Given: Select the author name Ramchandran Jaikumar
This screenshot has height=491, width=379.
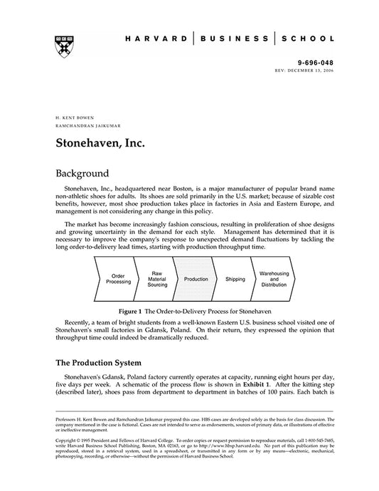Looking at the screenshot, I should (x=83, y=124).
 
